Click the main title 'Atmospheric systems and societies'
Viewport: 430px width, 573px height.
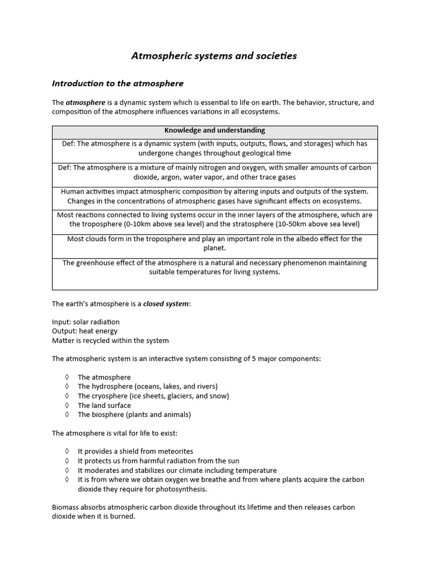coord(214,56)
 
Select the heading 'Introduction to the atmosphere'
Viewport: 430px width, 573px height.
coord(118,83)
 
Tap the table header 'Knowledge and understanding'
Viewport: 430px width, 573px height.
coord(214,130)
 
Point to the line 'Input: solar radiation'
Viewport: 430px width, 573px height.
coord(86,322)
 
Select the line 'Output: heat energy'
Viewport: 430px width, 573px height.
coord(85,331)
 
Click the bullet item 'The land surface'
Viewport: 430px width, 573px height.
coord(104,405)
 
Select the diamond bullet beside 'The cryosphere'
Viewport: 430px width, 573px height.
coord(67,396)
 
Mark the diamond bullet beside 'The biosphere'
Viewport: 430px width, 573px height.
coord(67,415)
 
